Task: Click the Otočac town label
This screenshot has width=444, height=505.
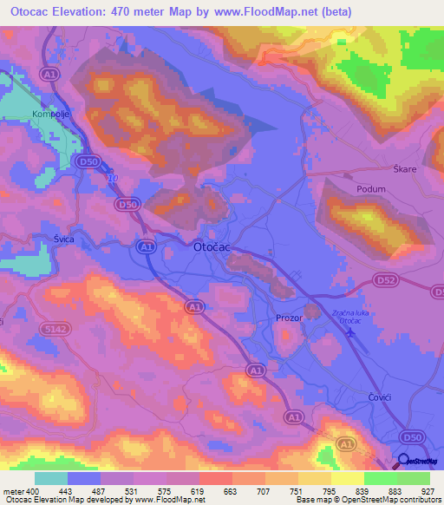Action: coord(211,246)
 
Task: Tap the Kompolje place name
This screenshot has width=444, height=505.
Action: coord(50,115)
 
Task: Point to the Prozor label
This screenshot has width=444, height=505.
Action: coord(288,318)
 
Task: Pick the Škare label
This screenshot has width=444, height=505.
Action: coord(405,169)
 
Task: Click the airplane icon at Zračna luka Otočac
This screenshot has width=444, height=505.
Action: coord(350,331)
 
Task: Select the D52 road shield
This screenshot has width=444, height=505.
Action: coord(386,280)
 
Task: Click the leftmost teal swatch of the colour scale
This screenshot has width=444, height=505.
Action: coord(51,478)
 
